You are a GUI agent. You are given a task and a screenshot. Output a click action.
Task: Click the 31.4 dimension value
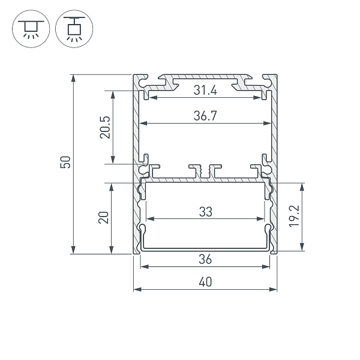[205, 91]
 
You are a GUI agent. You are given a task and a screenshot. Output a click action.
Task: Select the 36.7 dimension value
[205, 117]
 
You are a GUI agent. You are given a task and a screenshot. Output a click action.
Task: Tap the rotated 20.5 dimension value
[105, 127]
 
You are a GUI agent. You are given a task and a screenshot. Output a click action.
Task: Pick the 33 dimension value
[205, 212]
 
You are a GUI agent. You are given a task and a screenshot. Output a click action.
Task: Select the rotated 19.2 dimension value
[293, 217]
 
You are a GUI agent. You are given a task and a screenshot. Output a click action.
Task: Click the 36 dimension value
[205, 259]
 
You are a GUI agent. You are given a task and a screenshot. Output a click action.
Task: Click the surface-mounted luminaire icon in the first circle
[28, 28]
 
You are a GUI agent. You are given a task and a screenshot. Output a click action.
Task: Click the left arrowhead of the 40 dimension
[136, 289]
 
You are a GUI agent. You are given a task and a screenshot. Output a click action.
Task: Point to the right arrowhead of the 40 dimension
[275, 289]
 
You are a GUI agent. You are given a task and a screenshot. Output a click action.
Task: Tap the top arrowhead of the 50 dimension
[73, 77]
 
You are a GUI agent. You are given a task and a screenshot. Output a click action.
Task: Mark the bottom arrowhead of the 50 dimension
[73, 251]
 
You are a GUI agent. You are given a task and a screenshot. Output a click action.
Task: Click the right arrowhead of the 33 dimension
[262, 218]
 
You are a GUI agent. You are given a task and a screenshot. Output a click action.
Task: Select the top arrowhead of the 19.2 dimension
[301, 185]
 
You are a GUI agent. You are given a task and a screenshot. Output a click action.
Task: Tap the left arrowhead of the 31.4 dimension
[151, 97]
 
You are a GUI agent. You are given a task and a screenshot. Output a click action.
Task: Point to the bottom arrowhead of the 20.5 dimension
[112, 160]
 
